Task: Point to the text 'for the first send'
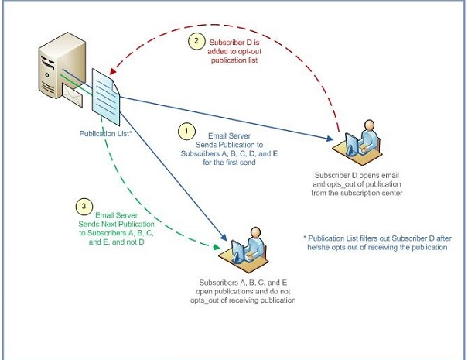tap(229, 163)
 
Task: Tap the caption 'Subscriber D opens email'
tap(358, 174)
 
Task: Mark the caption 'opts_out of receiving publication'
tap(247, 300)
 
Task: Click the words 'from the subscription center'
tap(358, 194)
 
